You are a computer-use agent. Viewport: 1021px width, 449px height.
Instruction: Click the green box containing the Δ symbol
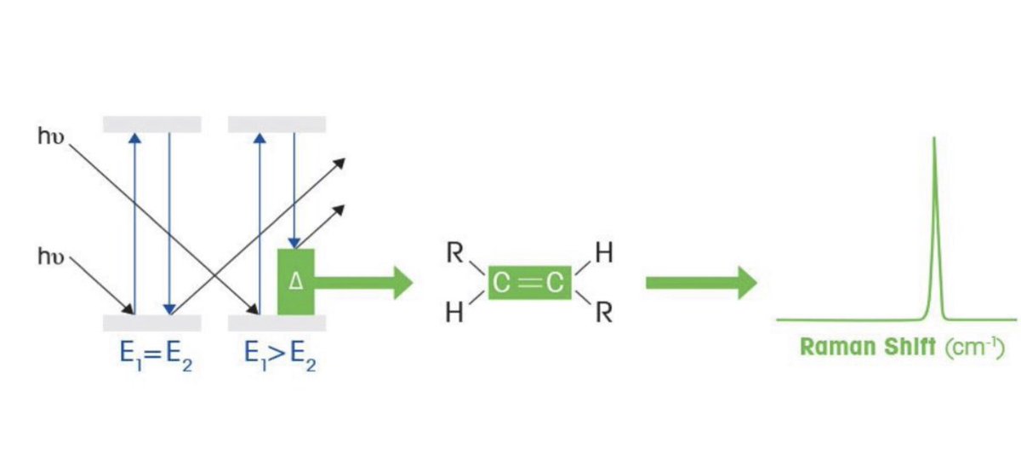[295, 281]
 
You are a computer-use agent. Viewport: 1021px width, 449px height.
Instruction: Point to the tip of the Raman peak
[934, 139]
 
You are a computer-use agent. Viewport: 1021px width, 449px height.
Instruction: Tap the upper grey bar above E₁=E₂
[151, 124]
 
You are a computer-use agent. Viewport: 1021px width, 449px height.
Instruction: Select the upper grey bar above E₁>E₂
[277, 124]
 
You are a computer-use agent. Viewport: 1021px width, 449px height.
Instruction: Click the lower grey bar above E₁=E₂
[151, 323]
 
